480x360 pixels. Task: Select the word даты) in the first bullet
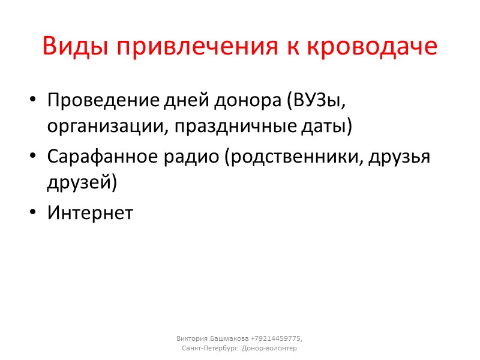331,127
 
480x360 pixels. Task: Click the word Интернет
90,212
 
